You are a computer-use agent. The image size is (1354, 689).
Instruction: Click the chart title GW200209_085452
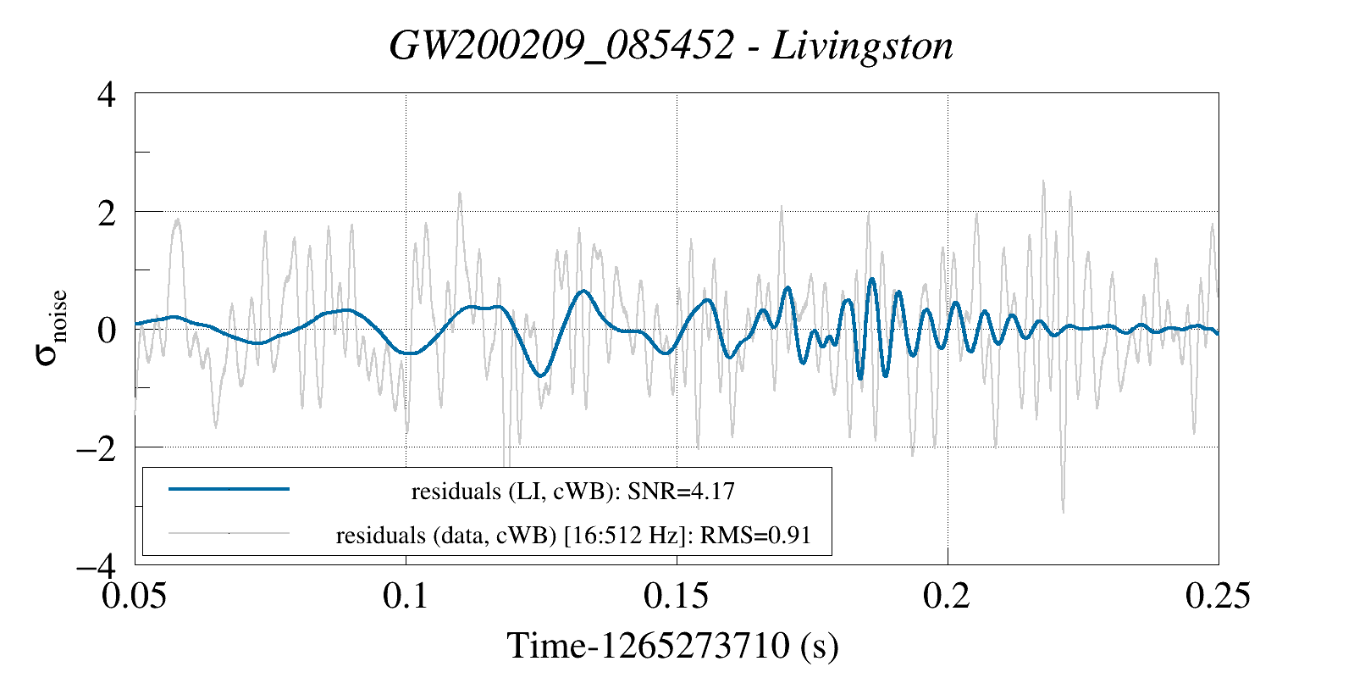click(561, 46)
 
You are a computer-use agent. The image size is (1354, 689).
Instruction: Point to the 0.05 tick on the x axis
click(135, 596)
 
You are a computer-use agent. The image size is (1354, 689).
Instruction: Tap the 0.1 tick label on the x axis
click(406, 596)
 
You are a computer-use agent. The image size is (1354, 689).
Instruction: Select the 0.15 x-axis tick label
click(677, 596)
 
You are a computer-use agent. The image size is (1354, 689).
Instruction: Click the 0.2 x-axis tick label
click(948, 596)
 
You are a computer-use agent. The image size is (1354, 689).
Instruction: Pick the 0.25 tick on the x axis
click(1218, 596)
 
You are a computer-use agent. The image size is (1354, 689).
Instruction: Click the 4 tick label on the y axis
click(107, 94)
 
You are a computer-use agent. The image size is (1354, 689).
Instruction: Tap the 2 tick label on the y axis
click(107, 212)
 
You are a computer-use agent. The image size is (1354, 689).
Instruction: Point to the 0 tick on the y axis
click(107, 330)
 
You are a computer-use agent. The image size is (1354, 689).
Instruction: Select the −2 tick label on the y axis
click(96, 447)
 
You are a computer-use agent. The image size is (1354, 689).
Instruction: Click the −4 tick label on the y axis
click(96, 565)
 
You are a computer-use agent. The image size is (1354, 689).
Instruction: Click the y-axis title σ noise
click(51, 329)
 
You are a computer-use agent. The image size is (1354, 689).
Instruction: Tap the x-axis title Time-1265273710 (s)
click(672, 646)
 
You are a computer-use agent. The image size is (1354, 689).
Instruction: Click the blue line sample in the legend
click(229, 489)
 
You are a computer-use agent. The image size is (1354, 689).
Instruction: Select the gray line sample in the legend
click(229, 533)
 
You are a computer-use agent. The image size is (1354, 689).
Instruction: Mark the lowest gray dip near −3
click(1063, 510)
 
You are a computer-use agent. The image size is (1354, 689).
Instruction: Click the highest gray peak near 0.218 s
click(1043, 181)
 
